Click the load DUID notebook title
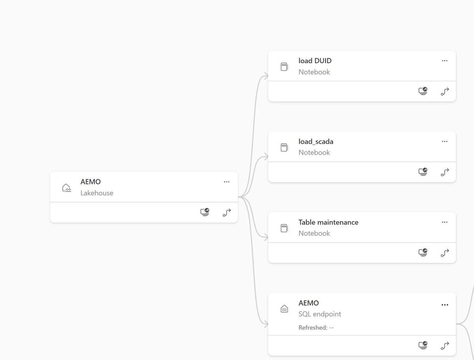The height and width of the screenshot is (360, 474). tap(315, 61)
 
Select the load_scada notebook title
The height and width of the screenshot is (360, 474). tap(316, 141)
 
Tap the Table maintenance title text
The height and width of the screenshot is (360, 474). tap(328, 222)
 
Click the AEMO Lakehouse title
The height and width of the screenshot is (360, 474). tap(90, 182)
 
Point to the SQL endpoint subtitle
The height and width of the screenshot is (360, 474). tap(320, 314)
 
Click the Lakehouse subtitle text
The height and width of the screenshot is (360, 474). tap(97, 193)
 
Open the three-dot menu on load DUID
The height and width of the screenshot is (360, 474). tap(445, 61)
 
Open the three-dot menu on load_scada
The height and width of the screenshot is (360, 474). tap(445, 141)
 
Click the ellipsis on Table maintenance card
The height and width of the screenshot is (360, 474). tap(445, 222)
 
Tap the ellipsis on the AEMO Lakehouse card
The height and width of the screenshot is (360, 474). tap(227, 182)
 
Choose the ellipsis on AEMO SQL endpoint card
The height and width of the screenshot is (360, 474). tap(445, 305)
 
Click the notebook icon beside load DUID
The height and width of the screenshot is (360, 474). tap(284, 67)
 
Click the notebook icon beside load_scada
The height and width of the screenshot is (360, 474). tap(284, 147)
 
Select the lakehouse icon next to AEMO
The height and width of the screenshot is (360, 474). tap(66, 187)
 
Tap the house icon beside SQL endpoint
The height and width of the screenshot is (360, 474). tap(284, 309)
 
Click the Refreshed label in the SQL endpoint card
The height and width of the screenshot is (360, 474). tap(313, 328)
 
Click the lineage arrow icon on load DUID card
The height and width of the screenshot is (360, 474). tap(445, 92)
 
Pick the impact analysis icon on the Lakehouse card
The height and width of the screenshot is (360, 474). tap(205, 212)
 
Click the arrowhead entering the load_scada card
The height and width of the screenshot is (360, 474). tap(266, 157)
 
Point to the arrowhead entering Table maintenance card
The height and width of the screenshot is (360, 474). tap(266, 238)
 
